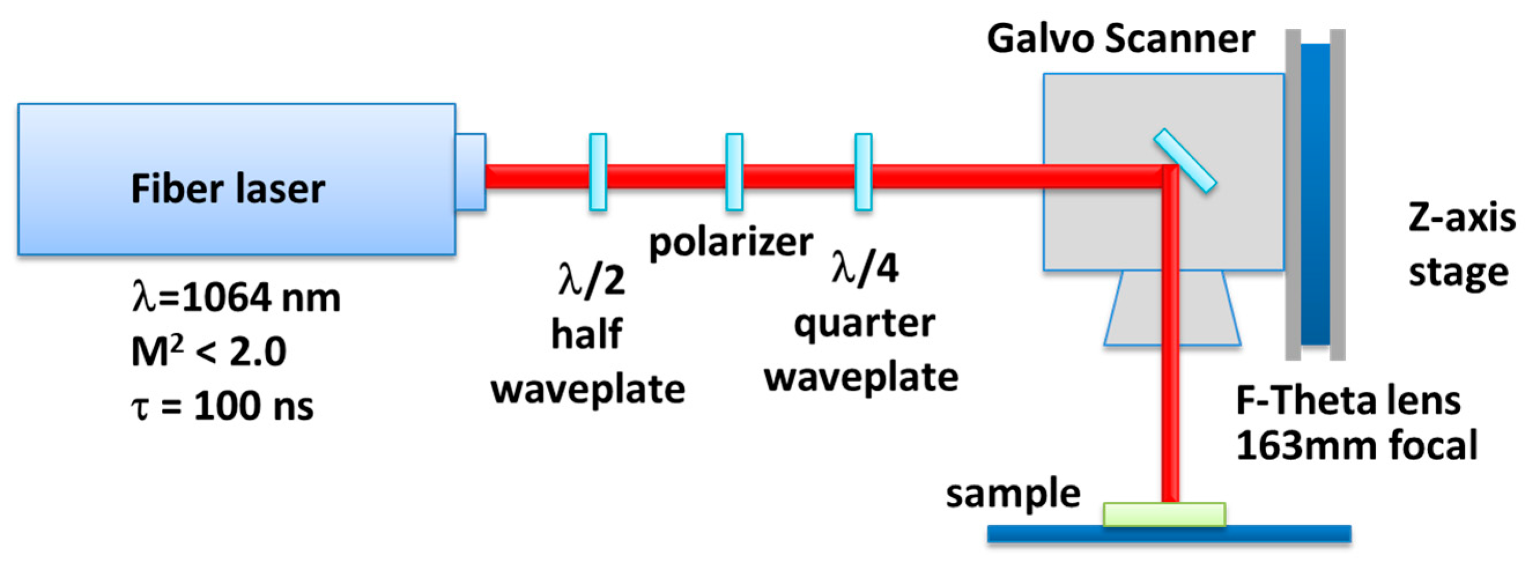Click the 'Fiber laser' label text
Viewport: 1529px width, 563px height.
[x=228, y=189]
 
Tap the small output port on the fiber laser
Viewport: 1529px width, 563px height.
[x=470, y=172]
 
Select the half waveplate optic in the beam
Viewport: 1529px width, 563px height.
[x=598, y=172]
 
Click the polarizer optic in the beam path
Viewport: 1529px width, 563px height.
[x=734, y=172]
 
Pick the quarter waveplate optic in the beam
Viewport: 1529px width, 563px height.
[x=863, y=172]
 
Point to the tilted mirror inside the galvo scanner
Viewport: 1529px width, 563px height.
[x=1185, y=161]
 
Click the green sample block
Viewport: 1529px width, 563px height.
[x=1164, y=514]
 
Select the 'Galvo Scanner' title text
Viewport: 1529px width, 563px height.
[x=1120, y=39]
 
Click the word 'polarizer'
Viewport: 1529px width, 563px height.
[x=730, y=243]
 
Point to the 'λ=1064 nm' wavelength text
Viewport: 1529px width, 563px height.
[x=236, y=298]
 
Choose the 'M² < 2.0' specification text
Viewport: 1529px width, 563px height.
[x=209, y=351]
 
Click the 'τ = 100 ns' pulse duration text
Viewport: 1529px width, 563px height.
[x=222, y=406]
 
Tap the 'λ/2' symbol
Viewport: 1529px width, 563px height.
[x=592, y=279]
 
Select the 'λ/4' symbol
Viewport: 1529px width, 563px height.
[x=865, y=268]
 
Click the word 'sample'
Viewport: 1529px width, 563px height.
[x=1012, y=494]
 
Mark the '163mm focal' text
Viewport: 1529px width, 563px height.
[x=1356, y=446]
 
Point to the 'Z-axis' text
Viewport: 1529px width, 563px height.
[x=1461, y=218]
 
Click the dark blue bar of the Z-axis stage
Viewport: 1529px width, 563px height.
[x=1315, y=194]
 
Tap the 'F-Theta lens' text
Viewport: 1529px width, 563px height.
[x=1348, y=401]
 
